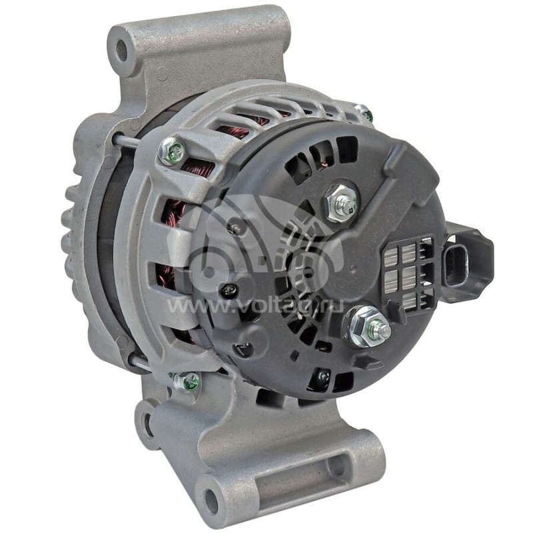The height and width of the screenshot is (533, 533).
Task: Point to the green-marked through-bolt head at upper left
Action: coord(172,151)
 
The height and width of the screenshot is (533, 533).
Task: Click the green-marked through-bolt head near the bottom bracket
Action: coord(187,382)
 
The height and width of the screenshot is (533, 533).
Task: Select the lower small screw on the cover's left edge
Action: coord(229,289)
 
